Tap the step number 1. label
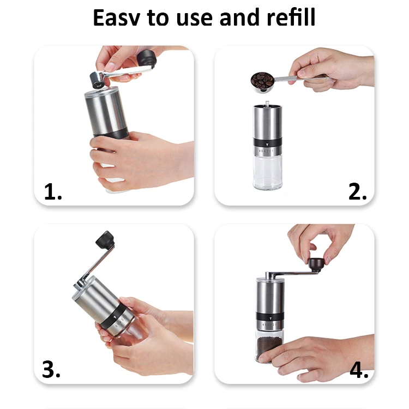[53, 192]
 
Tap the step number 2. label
[358, 192]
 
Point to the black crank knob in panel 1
[147, 58]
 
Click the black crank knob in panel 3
[105, 239]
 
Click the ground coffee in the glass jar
[270, 349]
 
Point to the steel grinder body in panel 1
[105, 112]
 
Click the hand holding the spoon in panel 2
[333, 68]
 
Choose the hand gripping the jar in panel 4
[327, 354]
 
